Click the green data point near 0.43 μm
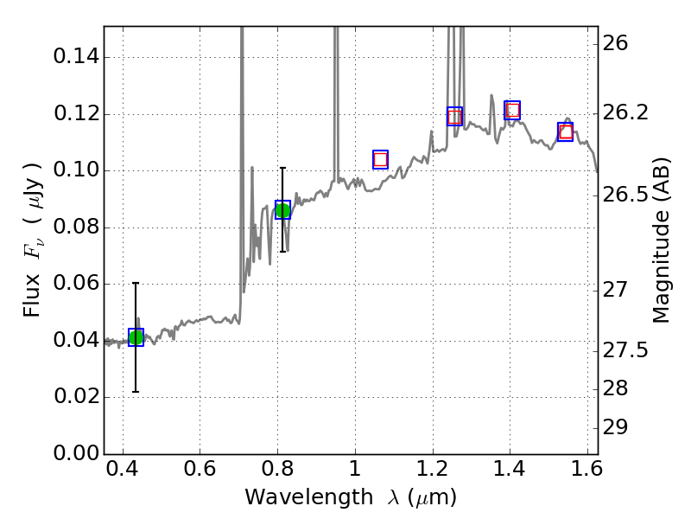point(136,337)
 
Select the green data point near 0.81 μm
point(282,210)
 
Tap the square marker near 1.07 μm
point(380,159)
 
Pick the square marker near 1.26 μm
point(454,117)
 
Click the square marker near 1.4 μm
point(512,110)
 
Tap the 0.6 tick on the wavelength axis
point(200,473)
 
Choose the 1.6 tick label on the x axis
point(586,473)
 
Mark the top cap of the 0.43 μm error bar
point(136,283)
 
